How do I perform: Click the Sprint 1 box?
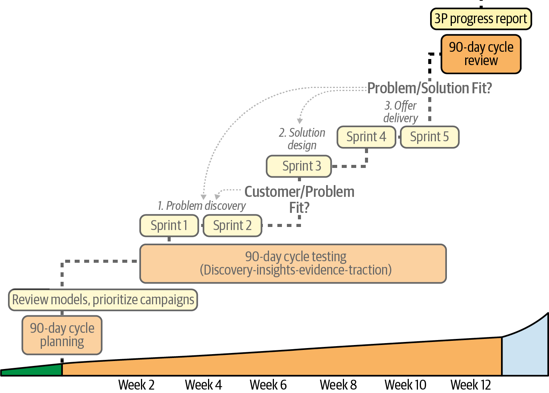[169, 225]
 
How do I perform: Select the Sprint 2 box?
[232, 225]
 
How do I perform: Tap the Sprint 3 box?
[299, 166]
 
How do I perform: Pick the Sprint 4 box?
[366, 137]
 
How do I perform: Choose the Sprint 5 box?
[429, 137]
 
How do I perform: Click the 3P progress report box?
[481, 19]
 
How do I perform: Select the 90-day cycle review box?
[481, 54]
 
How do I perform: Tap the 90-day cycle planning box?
[62, 335]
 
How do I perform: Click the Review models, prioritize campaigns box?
[103, 300]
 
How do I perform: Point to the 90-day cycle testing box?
[293, 264]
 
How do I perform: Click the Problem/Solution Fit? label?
[429, 88]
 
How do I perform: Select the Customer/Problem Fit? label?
[299, 199]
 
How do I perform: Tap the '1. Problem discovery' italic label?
[202, 206]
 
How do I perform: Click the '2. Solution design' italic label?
[302, 139]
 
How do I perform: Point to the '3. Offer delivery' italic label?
[400, 112]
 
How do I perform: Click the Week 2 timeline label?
[136, 385]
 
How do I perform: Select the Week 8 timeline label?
[338, 385]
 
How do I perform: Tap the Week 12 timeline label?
[471, 385]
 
